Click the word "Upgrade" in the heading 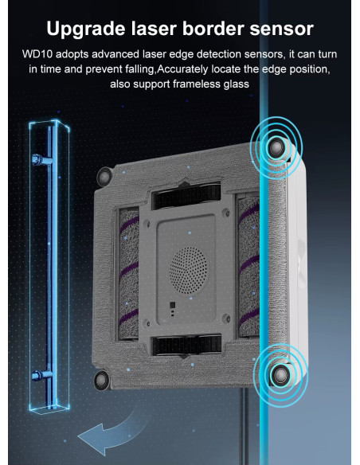pos(86,29)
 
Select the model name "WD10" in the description pos(37,54)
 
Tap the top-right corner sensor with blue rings pos(276,147)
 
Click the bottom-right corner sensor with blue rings pos(280,375)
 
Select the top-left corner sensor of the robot pos(104,176)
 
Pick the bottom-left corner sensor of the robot pos(101,380)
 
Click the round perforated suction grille pos(188,271)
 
